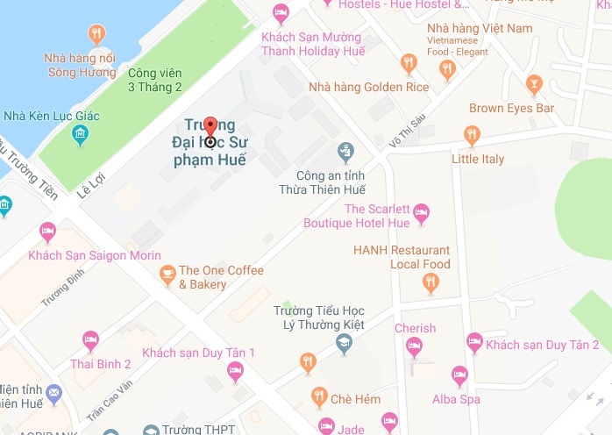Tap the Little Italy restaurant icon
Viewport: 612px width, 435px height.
tap(473, 136)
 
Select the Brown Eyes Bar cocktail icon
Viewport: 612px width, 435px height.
tap(533, 85)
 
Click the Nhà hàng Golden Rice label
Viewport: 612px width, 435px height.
tap(368, 88)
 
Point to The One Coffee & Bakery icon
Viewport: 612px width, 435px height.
tap(167, 277)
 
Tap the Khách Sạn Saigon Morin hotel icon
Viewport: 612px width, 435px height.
tap(47, 232)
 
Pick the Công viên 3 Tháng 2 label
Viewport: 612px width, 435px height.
tap(154, 80)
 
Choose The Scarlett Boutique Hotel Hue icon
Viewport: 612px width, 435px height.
tap(421, 210)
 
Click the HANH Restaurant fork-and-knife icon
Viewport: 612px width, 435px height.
tap(430, 282)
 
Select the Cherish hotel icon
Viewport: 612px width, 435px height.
tap(414, 348)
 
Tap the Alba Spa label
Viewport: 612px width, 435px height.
tap(456, 399)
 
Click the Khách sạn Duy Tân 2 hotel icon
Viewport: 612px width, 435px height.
tap(474, 339)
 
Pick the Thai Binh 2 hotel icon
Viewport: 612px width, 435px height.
tap(89, 340)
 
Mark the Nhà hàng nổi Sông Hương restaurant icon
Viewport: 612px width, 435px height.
tap(96, 35)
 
